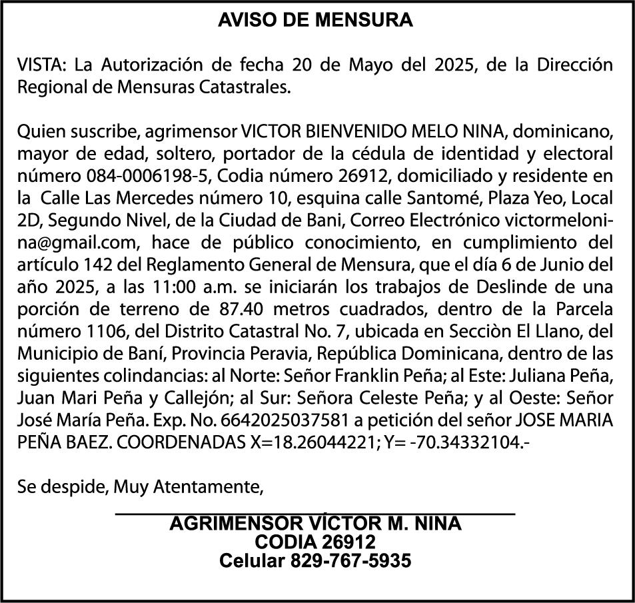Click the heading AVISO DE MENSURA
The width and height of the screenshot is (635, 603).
[x=315, y=21]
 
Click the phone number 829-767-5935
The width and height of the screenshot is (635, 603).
[x=350, y=561]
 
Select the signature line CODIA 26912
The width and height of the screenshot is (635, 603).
[x=315, y=542]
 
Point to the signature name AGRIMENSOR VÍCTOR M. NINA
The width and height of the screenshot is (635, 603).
[x=315, y=524]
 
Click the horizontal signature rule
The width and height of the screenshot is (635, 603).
[x=315, y=512]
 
